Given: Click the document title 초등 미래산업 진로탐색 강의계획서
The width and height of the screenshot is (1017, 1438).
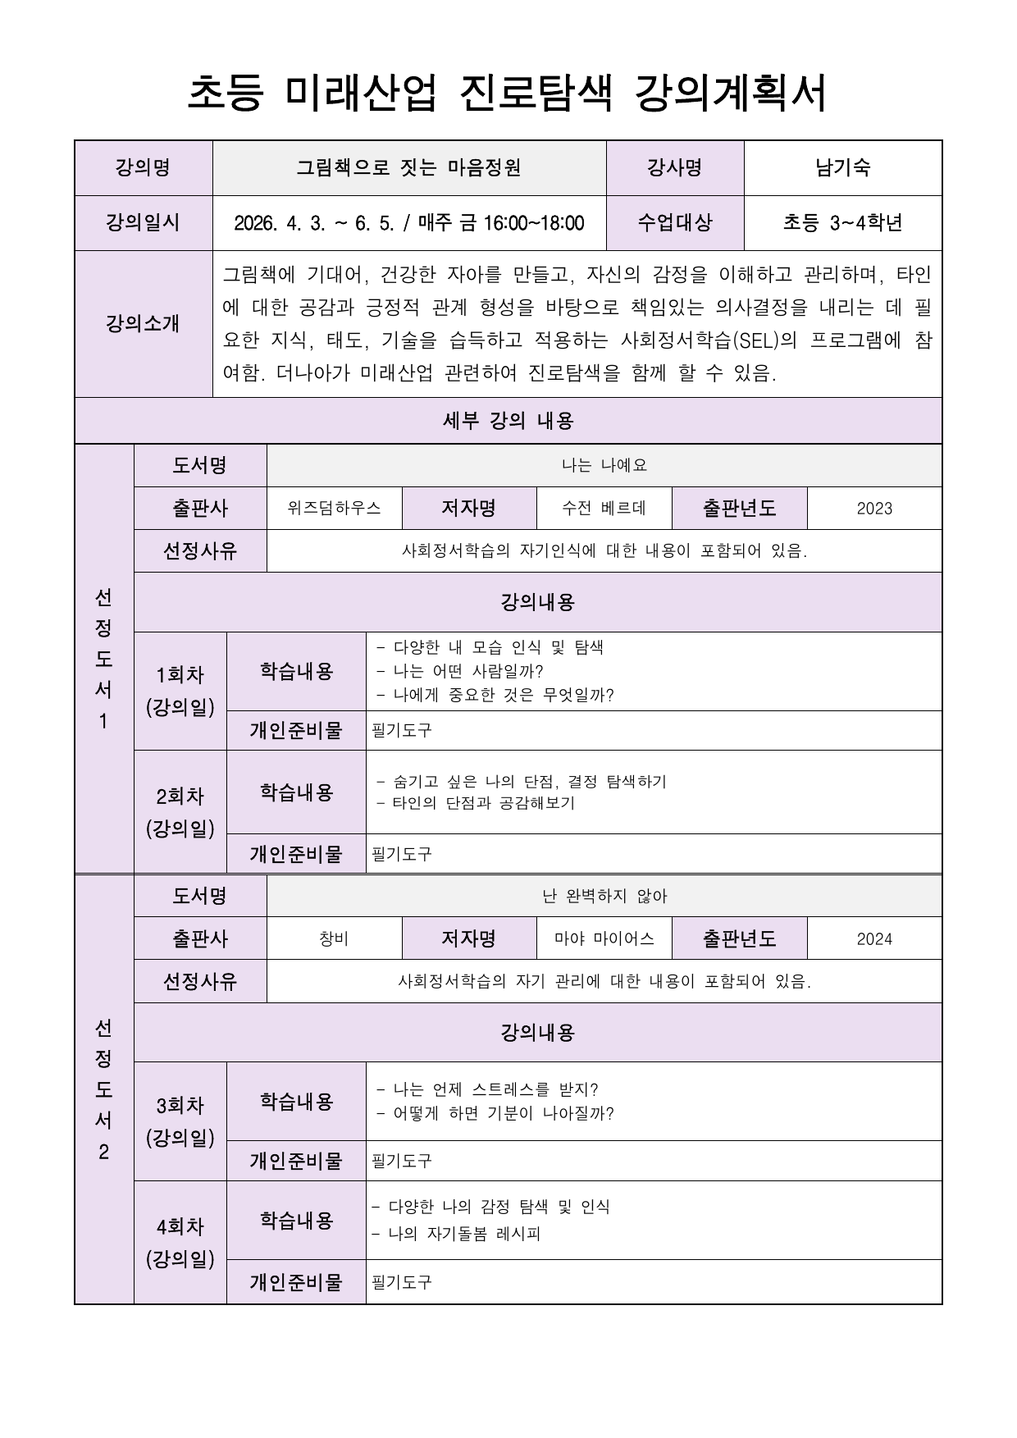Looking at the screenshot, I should click(x=508, y=93).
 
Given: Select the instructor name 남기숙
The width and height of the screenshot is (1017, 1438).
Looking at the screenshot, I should click(x=842, y=168).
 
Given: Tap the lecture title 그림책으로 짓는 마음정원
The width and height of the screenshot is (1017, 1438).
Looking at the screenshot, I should click(x=408, y=168).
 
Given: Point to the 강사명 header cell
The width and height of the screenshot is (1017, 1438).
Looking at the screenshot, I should click(x=674, y=168).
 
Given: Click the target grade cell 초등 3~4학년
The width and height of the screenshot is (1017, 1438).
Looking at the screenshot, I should click(x=842, y=223).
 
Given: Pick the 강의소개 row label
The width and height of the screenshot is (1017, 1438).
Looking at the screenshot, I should click(x=143, y=323).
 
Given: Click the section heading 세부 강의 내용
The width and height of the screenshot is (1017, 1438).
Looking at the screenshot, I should click(x=508, y=421).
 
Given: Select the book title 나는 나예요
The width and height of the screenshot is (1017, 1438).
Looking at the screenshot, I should click(x=604, y=465).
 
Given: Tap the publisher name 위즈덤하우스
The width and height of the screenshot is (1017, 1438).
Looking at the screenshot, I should click(x=334, y=508).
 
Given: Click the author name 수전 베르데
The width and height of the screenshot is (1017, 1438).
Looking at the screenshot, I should click(x=604, y=508).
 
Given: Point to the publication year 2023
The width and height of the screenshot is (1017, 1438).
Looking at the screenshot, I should click(x=873, y=509).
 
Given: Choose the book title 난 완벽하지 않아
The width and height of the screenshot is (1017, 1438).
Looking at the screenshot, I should click(x=604, y=896).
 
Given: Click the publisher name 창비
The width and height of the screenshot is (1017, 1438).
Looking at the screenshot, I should click(x=334, y=939).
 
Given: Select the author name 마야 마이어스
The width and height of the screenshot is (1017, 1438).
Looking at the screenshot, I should click(x=604, y=939).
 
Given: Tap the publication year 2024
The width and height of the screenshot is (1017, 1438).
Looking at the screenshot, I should click(x=873, y=939).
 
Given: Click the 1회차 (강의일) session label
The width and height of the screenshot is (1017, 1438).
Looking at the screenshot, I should click(x=180, y=691).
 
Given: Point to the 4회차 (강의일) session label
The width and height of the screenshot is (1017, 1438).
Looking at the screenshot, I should click(x=180, y=1242).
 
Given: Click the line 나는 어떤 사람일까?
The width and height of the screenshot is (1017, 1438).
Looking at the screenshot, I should click(x=467, y=671).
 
